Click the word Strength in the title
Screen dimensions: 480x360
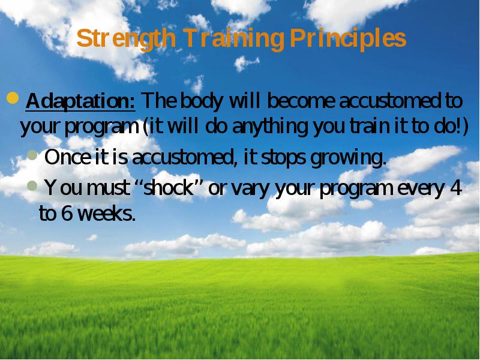coord(126,38)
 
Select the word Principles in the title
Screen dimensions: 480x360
coord(348,38)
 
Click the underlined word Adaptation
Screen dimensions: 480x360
coord(80,101)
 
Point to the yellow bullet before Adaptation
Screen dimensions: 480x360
coord(13,98)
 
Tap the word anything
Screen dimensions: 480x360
coord(270,127)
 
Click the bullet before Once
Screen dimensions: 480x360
coord(32,155)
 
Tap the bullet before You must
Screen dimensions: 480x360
coord(32,185)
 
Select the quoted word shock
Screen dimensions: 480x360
coord(169,187)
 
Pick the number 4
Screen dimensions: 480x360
coord(456,188)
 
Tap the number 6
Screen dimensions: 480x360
coord(67,213)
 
